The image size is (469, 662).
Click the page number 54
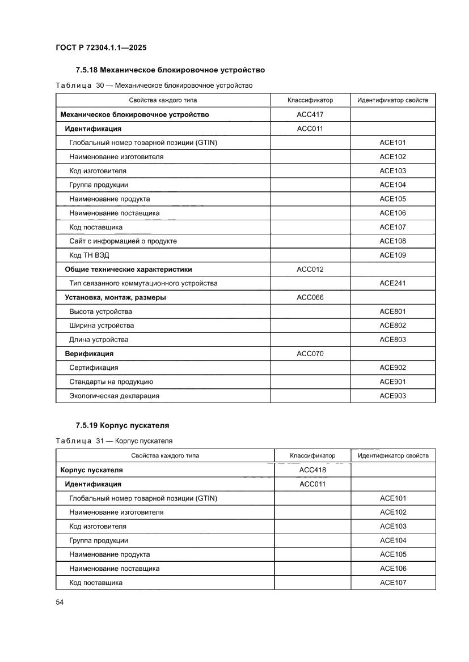(60, 602)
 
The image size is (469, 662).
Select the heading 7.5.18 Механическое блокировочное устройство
(170, 70)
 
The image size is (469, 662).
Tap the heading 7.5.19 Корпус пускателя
(122, 425)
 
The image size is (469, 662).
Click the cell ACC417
(310, 114)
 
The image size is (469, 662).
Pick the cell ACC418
(312, 470)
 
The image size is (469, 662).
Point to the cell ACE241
(392, 283)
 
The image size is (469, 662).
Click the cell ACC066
(310, 297)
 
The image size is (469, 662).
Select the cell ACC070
(310, 353)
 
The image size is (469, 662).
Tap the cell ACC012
(310, 269)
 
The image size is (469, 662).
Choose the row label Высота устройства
(100, 311)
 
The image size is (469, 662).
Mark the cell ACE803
(392, 340)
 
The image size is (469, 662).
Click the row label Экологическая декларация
(114, 396)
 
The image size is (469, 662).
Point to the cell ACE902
(392, 368)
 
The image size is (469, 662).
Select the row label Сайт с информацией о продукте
(123, 241)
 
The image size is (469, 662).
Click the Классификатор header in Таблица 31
(312, 455)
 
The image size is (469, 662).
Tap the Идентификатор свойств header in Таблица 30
(392, 100)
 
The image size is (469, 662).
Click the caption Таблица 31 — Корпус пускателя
(114, 441)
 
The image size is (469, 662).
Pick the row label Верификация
(89, 353)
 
